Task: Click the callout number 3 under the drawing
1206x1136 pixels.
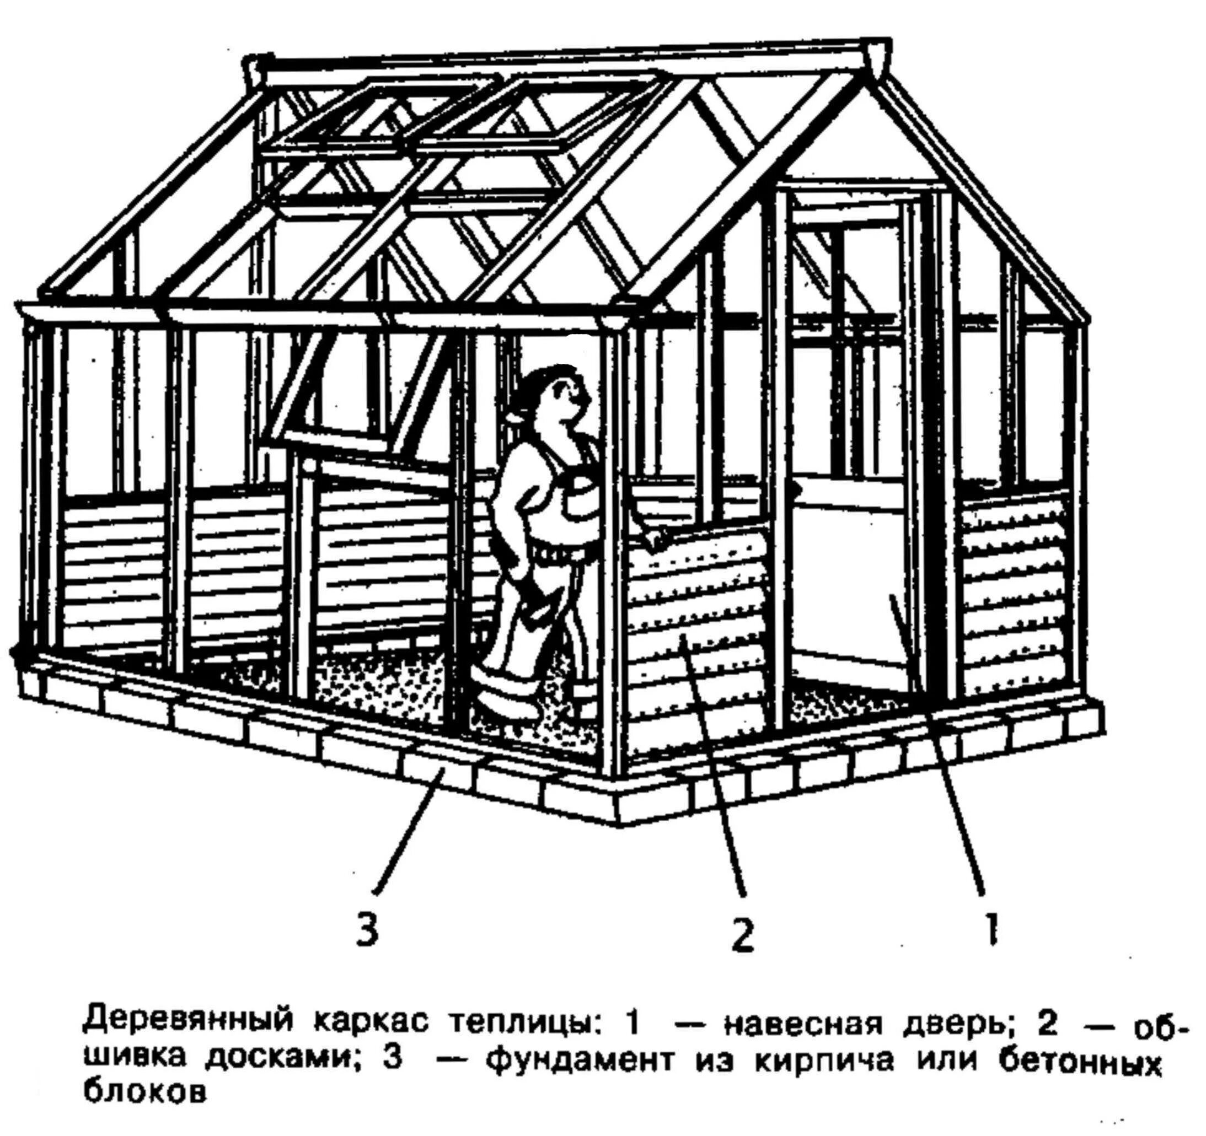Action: [x=368, y=932]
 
